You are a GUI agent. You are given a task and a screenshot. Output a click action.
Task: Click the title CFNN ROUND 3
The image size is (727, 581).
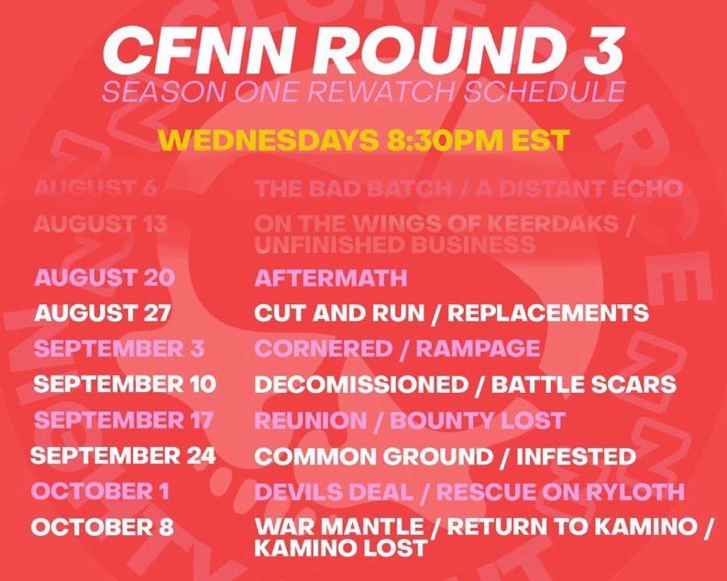tap(364, 52)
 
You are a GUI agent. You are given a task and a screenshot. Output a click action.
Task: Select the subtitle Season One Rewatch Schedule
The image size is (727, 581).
tap(364, 93)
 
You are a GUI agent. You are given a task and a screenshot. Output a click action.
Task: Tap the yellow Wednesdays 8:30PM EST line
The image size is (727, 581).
tap(364, 140)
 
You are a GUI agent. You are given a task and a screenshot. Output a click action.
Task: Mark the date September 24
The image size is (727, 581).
tap(123, 455)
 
